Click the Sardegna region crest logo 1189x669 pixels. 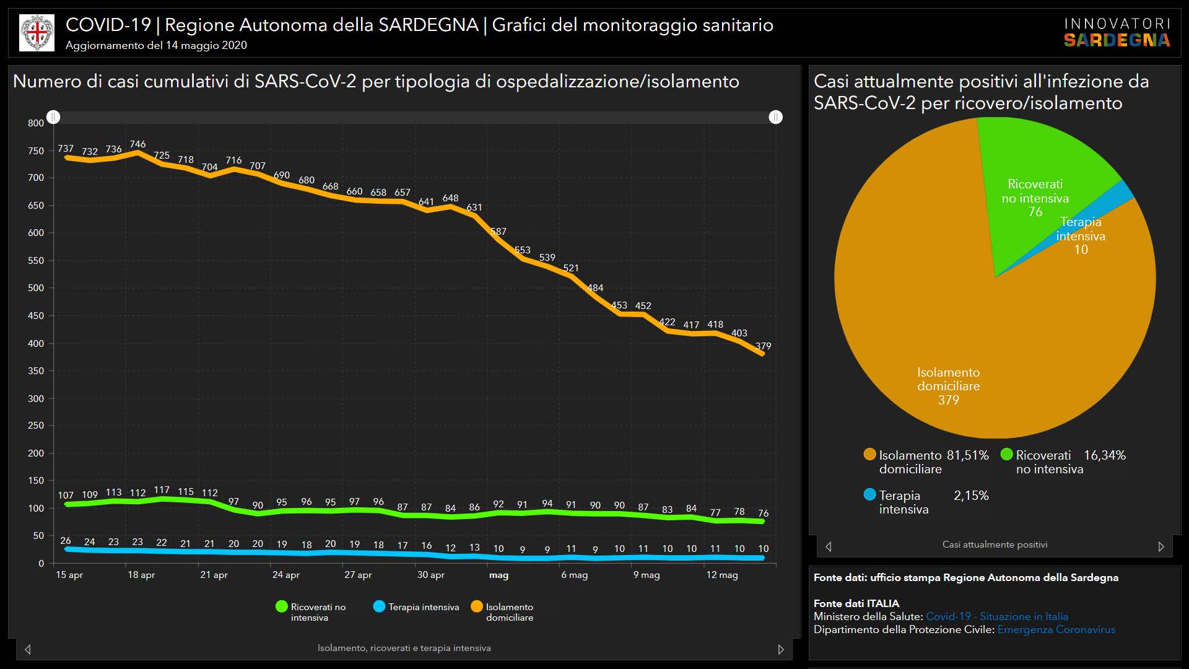[x=37, y=33]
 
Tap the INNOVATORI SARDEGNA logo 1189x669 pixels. [x=1117, y=33]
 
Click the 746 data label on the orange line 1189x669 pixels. [x=137, y=144]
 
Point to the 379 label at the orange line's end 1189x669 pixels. [x=763, y=346]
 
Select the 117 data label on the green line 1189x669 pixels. [x=162, y=490]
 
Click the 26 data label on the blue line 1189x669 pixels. [x=66, y=541]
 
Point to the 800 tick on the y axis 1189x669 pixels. [x=36, y=123]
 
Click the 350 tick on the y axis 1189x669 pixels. [x=36, y=371]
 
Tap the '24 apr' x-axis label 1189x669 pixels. [x=285, y=575]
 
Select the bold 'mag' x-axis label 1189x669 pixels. [x=499, y=575]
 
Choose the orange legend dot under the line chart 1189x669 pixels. [x=477, y=606]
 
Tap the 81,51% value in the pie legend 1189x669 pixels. [x=967, y=455]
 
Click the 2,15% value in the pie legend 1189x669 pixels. [x=971, y=496]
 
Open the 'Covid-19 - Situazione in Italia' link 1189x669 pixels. [x=996, y=616]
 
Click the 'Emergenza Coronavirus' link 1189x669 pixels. [x=1056, y=629]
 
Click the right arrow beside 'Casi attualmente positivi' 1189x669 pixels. [x=1161, y=546]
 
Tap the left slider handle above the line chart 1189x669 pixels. [x=53, y=117]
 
